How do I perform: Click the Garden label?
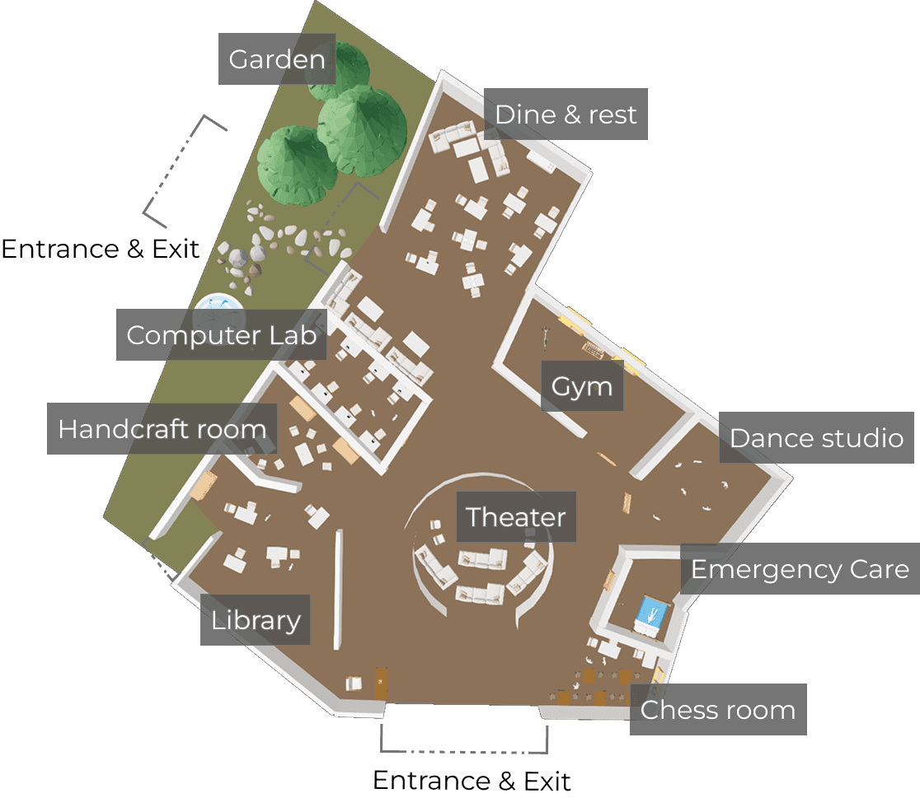(277, 59)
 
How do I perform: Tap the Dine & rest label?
(566, 114)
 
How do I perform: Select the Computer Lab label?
(221, 335)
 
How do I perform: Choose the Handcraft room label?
(162, 429)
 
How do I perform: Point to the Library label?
(256, 619)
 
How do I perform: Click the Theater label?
(516, 517)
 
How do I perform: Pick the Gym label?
(582, 385)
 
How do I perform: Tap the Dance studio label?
(816, 438)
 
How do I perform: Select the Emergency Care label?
(800, 569)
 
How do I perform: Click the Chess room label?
(717, 710)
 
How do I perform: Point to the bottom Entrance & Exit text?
(472, 780)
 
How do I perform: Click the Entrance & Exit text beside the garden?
(101, 249)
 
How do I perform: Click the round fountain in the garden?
(218, 312)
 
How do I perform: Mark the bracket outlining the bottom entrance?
(464, 749)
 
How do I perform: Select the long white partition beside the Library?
(337, 590)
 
